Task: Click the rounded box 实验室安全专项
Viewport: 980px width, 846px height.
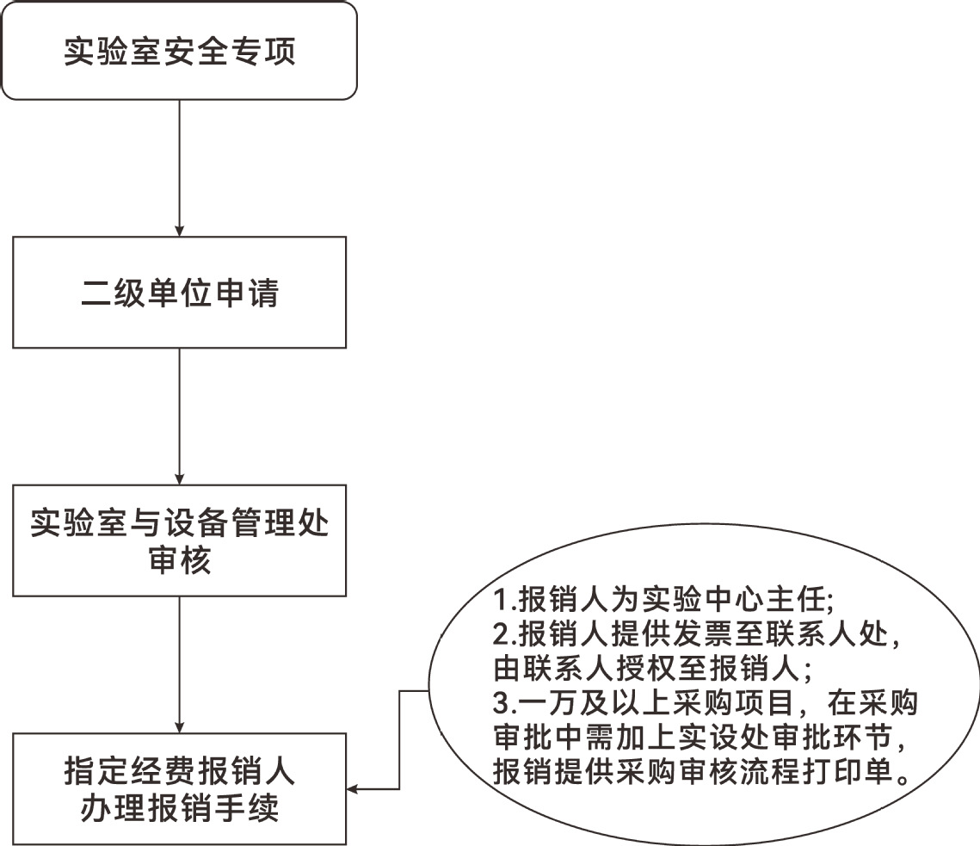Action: click(179, 51)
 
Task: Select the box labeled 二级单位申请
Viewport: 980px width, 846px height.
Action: click(179, 292)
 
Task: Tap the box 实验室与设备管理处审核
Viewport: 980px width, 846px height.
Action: click(179, 540)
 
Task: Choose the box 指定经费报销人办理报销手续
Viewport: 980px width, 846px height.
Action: click(179, 789)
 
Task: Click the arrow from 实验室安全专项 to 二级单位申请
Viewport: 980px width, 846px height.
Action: click(179, 168)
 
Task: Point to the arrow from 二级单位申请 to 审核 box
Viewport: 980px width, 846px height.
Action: click(179, 417)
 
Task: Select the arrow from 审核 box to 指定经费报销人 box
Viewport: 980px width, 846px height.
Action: click(179, 664)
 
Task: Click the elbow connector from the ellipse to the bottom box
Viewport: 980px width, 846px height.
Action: click(399, 740)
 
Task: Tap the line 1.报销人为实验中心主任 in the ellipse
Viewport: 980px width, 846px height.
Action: click(663, 599)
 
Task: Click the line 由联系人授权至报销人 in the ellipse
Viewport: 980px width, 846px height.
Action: click(652, 669)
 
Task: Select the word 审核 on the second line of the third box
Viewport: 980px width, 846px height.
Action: click(179, 559)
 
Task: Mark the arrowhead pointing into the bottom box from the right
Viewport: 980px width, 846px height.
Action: click(352, 789)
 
